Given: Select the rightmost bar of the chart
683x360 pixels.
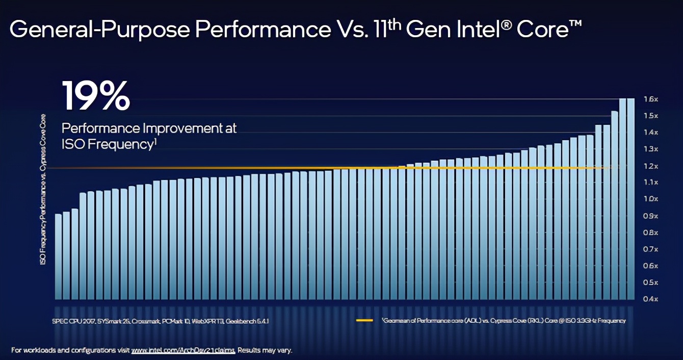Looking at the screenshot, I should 631,199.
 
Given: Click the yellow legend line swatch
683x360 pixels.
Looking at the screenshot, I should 364,321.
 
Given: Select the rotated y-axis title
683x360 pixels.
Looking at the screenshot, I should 43,189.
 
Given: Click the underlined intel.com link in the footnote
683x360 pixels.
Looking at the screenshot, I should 183,350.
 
